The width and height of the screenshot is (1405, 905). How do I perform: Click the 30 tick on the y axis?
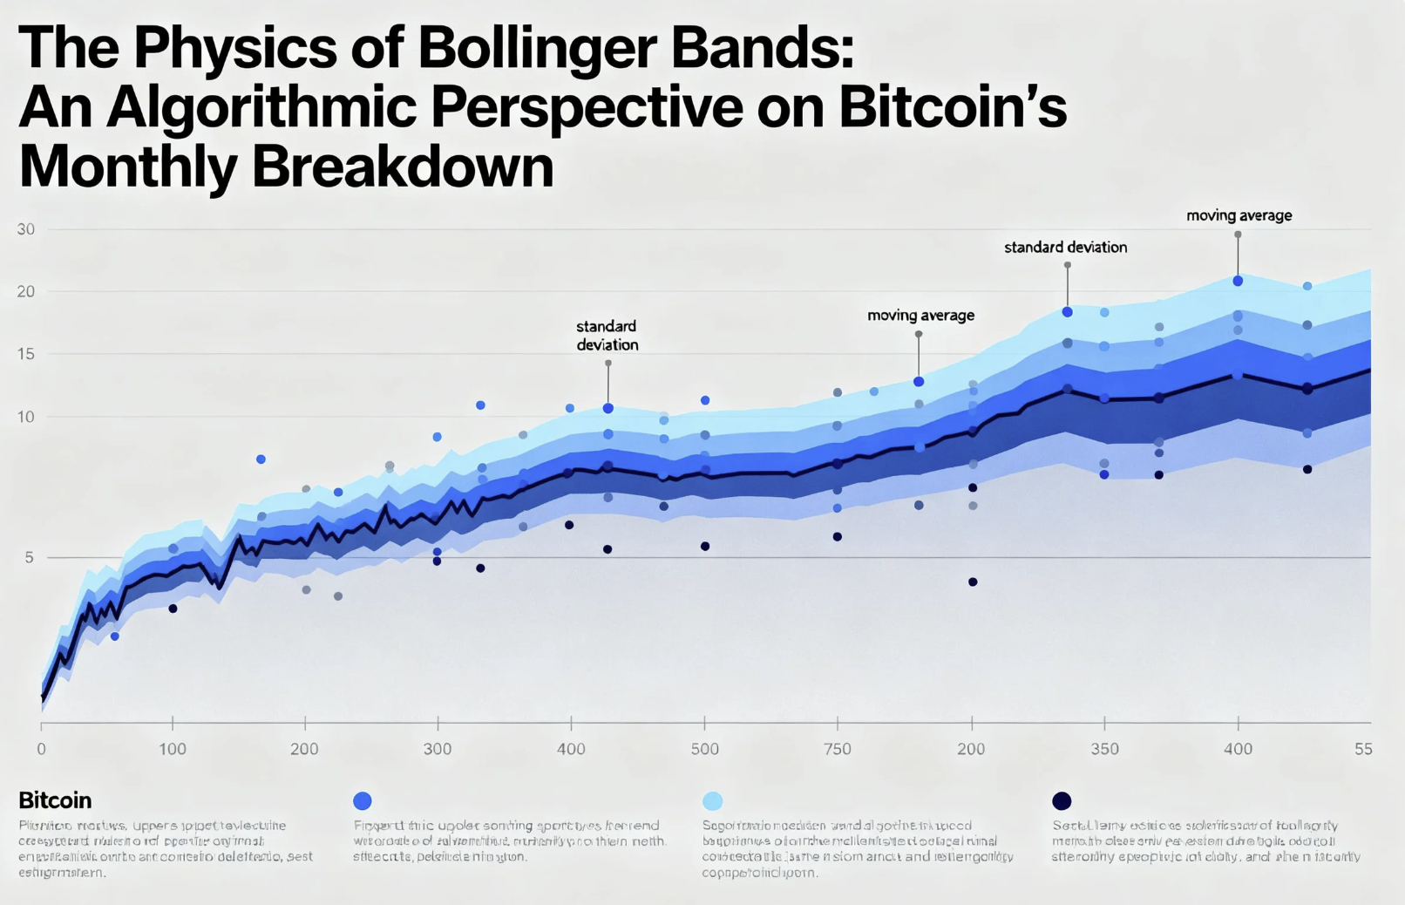click(x=26, y=229)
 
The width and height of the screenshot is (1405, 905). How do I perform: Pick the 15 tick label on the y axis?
click(x=26, y=354)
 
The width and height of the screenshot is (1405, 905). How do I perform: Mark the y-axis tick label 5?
click(x=30, y=557)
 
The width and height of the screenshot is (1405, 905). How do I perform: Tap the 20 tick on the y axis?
click(x=26, y=291)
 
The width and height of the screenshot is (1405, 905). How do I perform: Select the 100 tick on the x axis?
click(x=173, y=749)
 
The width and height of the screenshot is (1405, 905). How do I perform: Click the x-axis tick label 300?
click(x=438, y=749)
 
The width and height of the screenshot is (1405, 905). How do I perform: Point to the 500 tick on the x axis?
click(x=705, y=749)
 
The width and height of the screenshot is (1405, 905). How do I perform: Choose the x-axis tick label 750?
click(x=838, y=749)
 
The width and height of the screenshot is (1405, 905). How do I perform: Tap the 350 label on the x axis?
click(x=1104, y=749)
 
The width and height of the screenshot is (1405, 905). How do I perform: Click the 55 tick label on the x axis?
click(x=1363, y=749)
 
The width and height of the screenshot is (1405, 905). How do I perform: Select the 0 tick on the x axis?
click(x=41, y=749)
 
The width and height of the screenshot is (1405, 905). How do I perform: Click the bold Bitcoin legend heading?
click(x=55, y=800)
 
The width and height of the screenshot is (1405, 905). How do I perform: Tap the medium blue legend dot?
click(x=363, y=800)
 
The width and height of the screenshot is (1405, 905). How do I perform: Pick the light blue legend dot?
click(x=712, y=800)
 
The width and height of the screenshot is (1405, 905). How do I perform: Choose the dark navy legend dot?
click(x=1062, y=800)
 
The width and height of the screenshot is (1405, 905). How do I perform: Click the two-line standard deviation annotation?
click(x=607, y=336)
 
